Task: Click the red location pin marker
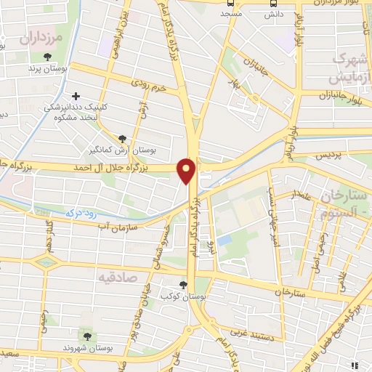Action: (x=187, y=171)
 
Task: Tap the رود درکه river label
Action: (x=81, y=212)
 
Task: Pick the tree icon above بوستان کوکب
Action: (x=182, y=285)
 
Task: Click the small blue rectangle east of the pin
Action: (x=225, y=239)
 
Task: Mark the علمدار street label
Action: (x=302, y=195)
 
